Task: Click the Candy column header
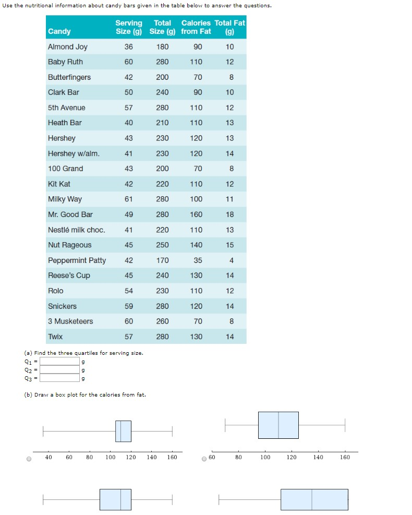[x=59, y=31]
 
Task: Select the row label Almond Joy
[x=68, y=47]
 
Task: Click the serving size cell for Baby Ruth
[x=128, y=62]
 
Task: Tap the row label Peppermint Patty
[x=77, y=260]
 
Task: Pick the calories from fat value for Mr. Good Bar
[x=196, y=214]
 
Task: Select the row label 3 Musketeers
[x=70, y=321]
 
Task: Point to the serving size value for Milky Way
[x=128, y=199]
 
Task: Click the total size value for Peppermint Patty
[x=162, y=260]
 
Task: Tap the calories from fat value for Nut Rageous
[x=196, y=245]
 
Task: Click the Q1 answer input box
[x=59, y=361]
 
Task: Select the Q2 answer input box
[x=59, y=369]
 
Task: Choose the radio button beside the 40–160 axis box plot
[x=29, y=459]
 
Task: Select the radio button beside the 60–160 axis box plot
[x=205, y=459]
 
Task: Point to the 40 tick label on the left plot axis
[x=49, y=458]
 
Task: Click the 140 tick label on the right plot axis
[x=318, y=458]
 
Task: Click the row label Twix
[x=55, y=337]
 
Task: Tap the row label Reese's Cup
[x=69, y=276]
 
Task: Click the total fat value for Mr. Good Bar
[x=230, y=214]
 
